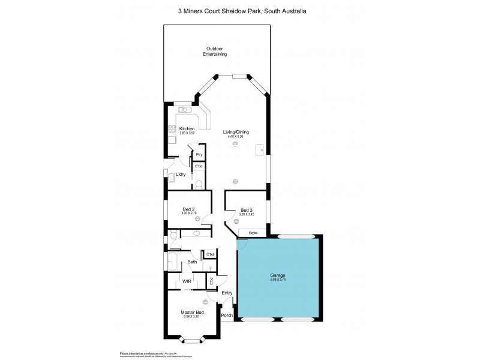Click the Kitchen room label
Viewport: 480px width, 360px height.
187,129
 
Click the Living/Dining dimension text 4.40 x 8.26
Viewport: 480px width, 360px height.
235,137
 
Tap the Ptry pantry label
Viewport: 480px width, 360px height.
199,155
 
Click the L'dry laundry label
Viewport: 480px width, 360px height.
181,175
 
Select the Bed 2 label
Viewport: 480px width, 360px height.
189,209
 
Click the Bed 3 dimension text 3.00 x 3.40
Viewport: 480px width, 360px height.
247,214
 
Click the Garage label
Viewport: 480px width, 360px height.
277,276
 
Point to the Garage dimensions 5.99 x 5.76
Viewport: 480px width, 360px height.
277,281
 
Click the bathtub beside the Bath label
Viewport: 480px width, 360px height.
172,262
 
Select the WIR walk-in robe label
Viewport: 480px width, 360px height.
187,281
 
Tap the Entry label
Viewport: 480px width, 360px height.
227,293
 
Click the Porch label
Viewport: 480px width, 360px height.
227,315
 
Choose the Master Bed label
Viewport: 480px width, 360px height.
193,312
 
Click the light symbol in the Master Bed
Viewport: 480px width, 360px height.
205,301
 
